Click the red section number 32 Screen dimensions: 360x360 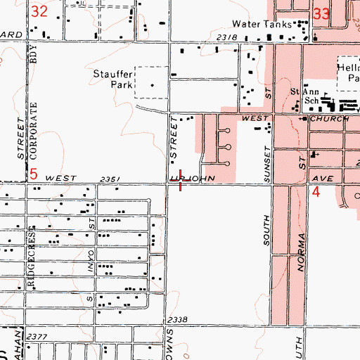click(40, 11)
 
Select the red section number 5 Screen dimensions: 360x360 click(32, 173)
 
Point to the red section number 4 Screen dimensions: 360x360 click(316, 191)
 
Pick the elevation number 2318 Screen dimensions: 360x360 click(227, 37)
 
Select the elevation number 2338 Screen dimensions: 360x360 click(178, 320)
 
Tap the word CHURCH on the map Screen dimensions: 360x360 click(334, 119)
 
